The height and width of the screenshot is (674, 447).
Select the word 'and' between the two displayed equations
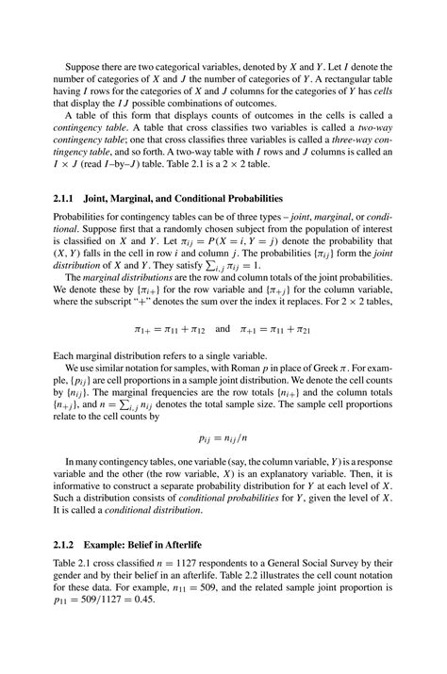(x=223, y=331)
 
